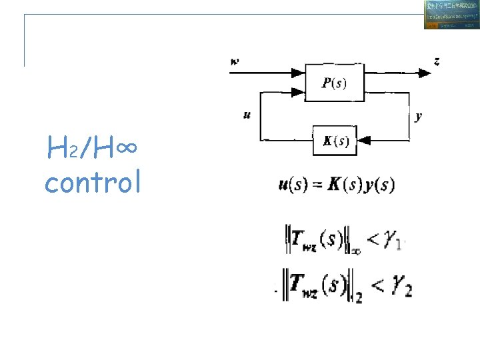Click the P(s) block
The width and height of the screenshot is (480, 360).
click(x=334, y=82)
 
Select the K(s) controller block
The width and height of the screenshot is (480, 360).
click(x=335, y=140)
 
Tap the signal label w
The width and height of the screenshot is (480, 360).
click(x=235, y=62)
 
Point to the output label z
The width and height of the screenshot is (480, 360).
click(x=437, y=61)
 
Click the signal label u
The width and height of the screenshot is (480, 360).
click(x=247, y=115)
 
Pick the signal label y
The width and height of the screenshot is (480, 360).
click(x=418, y=116)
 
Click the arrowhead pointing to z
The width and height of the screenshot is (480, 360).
click(x=424, y=73)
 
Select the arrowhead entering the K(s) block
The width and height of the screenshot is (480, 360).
click(x=363, y=140)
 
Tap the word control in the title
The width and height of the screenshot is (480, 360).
click(x=93, y=182)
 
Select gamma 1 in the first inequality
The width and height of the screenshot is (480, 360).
click(x=394, y=239)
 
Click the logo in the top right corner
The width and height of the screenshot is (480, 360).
click(x=451, y=15)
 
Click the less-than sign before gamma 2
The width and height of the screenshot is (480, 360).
click(x=377, y=287)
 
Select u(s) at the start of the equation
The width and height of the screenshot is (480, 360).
click(x=291, y=185)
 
